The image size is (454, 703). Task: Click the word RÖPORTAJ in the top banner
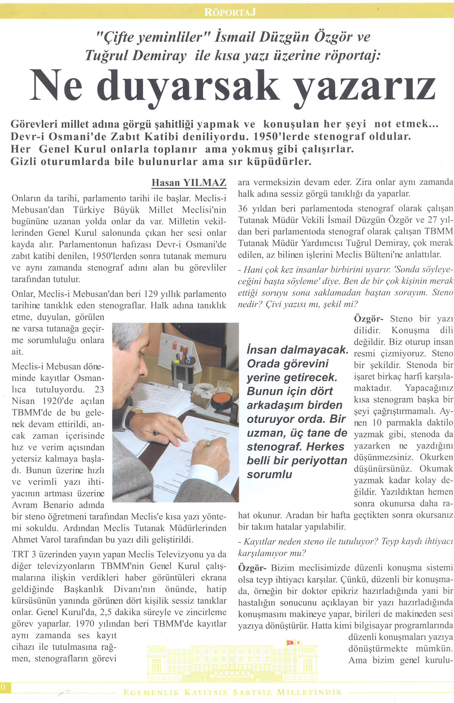pos(230,12)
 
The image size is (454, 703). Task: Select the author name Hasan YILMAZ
pos(189,183)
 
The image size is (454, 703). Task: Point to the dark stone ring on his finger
pos(156,433)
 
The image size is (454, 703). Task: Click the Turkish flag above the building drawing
pos(290,642)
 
